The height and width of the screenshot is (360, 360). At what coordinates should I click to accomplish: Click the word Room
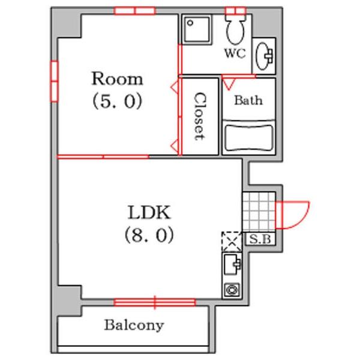[x=118, y=79]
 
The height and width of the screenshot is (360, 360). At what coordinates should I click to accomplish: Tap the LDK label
[x=149, y=212]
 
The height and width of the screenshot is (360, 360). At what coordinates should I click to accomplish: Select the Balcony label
[x=134, y=326]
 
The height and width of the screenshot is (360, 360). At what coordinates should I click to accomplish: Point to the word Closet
[x=199, y=116]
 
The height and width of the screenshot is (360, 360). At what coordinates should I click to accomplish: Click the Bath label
[x=248, y=100]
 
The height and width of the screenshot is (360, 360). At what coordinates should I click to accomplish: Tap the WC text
[x=235, y=53]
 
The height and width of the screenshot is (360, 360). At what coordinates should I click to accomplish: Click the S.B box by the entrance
[x=260, y=239]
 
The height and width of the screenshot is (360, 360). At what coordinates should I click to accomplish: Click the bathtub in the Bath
[x=249, y=138]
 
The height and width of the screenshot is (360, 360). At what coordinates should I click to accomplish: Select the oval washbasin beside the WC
[x=263, y=56]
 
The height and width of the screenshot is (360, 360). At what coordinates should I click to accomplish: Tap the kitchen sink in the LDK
[x=232, y=264]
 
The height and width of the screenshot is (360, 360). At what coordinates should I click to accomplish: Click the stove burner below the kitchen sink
[x=232, y=289]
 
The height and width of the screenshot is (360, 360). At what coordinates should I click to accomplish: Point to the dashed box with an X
[x=232, y=242]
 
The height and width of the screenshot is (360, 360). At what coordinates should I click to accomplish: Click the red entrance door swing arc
[x=302, y=221]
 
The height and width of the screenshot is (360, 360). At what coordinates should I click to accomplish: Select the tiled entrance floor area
[x=259, y=211]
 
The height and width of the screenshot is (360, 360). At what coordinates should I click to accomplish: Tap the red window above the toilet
[x=236, y=11]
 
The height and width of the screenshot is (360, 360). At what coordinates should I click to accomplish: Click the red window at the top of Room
[x=135, y=11]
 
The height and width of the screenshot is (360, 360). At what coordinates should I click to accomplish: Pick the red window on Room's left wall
[x=54, y=81]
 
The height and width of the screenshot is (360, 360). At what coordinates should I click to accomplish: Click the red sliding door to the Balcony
[x=155, y=302]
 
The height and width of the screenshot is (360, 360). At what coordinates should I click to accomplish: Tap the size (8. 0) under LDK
[x=149, y=235]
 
